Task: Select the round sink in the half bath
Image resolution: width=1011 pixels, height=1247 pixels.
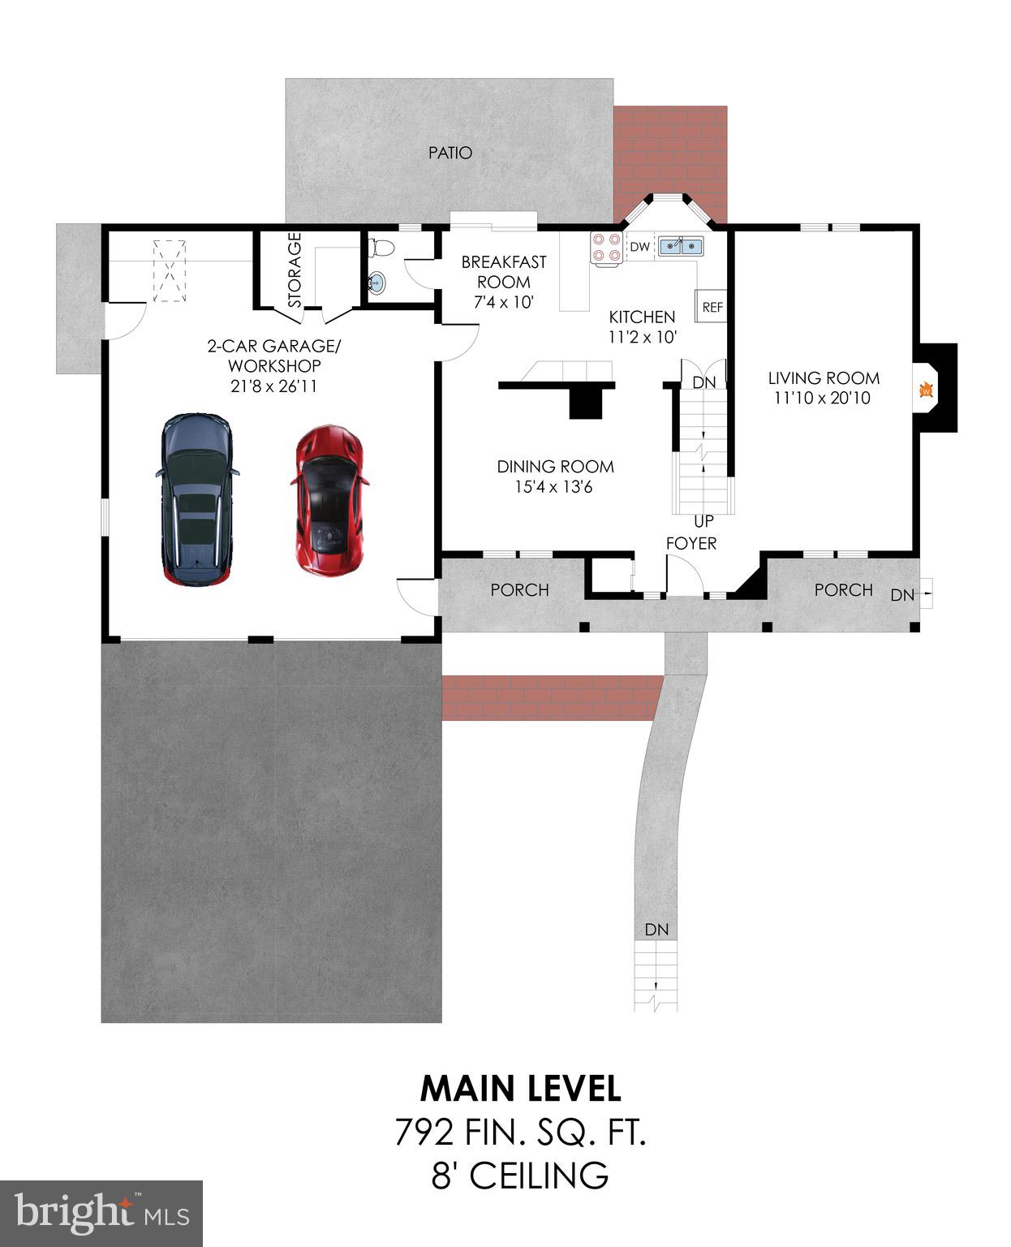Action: click(377, 283)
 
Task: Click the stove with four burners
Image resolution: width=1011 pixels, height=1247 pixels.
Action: click(606, 248)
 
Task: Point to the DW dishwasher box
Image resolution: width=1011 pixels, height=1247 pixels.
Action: click(640, 247)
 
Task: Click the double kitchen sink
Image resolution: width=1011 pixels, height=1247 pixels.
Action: click(680, 246)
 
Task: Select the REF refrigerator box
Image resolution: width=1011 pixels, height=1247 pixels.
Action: click(712, 307)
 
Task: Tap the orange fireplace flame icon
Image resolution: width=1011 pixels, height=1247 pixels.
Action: click(924, 391)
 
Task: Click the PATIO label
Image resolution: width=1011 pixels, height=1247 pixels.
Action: click(450, 153)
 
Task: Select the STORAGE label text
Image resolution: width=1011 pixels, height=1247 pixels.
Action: click(295, 270)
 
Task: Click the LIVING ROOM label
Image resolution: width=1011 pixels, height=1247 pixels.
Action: click(824, 378)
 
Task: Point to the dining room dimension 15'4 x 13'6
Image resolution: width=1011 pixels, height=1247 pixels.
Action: click(555, 487)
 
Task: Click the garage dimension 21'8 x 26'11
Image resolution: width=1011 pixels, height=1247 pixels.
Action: click(273, 386)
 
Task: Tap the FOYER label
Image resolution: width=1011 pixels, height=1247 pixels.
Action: click(691, 543)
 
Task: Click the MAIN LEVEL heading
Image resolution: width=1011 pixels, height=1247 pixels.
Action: click(520, 1088)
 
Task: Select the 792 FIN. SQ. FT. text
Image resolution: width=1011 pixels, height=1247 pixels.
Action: click(520, 1132)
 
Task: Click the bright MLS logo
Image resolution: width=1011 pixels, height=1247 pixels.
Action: click(101, 1213)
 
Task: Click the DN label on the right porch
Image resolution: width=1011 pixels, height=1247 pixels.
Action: click(902, 595)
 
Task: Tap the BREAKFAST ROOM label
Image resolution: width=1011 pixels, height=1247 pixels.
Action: click(504, 272)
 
